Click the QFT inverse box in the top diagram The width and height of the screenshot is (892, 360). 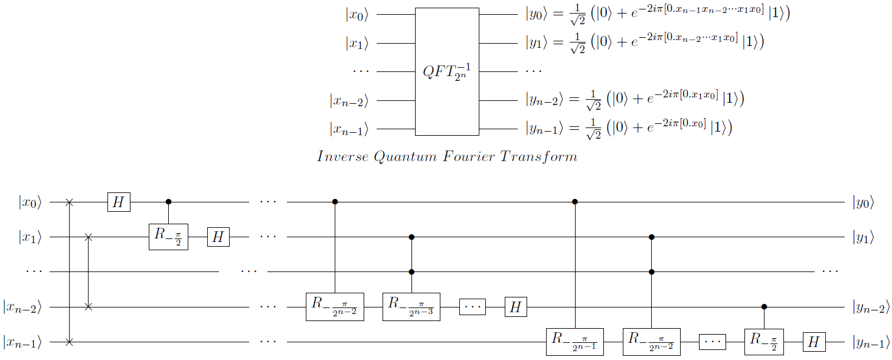tap(447, 71)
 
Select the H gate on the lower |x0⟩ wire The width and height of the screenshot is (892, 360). tap(119, 202)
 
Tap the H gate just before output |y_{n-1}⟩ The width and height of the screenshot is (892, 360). tap(814, 342)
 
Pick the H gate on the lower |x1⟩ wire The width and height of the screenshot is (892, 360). tap(218, 237)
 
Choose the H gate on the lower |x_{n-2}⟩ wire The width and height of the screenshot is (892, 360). tap(516, 307)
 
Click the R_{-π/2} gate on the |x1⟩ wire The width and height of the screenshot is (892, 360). tap(168, 237)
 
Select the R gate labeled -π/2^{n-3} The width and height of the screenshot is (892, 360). tap(412, 307)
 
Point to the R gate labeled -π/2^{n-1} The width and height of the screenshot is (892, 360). tap(575, 342)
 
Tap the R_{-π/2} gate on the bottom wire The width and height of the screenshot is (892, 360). tap(764, 342)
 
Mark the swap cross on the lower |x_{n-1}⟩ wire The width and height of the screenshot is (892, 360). tap(70, 342)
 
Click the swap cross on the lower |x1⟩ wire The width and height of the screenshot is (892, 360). tap(88, 237)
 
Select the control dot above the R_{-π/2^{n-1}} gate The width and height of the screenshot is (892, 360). tap(575, 202)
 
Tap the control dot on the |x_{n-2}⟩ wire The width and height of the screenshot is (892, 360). tap(764, 307)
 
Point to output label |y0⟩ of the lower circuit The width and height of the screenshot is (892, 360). tap(862, 202)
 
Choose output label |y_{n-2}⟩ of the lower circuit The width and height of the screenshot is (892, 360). tap(871, 307)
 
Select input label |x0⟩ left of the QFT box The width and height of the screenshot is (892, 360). tap(357, 15)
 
